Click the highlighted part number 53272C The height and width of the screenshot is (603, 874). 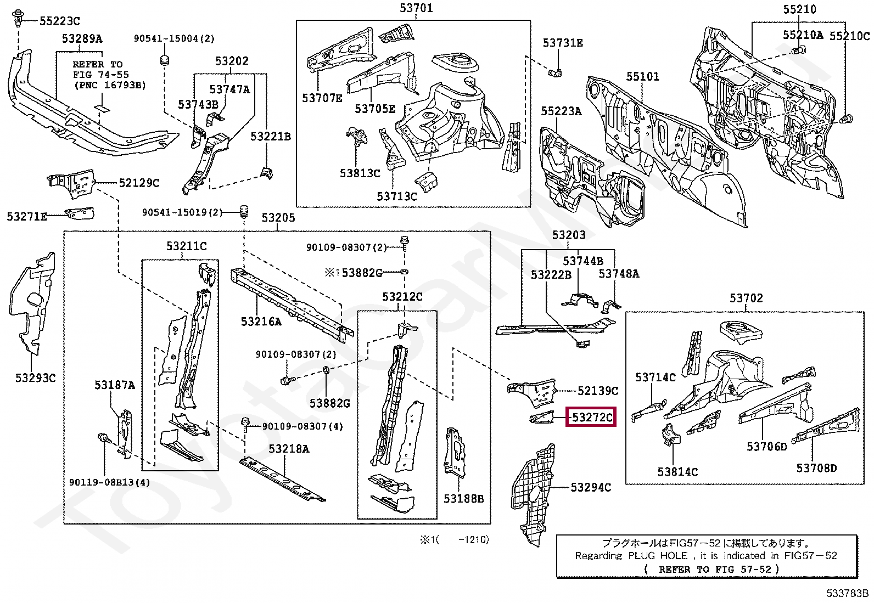tap(592, 418)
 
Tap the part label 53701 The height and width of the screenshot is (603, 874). tap(416, 8)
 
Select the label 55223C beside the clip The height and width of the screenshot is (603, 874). tap(60, 21)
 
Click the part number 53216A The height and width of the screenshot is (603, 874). tap(261, 322)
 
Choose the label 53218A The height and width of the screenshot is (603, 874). tap(289, 449)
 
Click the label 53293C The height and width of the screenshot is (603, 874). tap(36, 377)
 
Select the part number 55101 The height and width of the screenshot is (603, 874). tap(643, 76)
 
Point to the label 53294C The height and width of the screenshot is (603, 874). tap(591, 487)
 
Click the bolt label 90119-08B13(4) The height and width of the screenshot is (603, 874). tap(110, 482)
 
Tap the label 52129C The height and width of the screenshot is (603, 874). tap(139, 183)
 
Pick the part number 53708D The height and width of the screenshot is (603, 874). tap(817, 468)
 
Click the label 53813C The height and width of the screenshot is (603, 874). tap(360, 173)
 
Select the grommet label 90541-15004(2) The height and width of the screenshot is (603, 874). tap(175, 38)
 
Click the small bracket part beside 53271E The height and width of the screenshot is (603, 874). tap(80, 213)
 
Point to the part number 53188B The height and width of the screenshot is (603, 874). tap(463, 498)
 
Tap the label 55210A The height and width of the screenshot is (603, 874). tap(803, 35)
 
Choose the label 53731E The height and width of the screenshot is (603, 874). tap(563, 43)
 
